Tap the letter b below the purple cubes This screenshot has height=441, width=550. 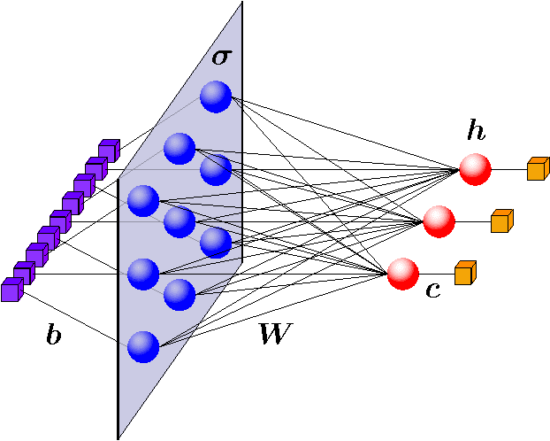[54, 336]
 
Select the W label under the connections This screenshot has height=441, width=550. [274, 334]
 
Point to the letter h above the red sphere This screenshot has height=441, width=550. [477, 132]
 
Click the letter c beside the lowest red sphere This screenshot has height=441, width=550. [433, 289]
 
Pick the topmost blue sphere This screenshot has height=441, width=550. [215, 97]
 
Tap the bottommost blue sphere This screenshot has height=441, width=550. [142, 345]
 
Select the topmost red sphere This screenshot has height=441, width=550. [475, 168]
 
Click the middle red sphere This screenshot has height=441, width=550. [439, 220]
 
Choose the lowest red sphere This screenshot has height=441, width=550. [402, 273]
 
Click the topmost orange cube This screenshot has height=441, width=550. [538, 168]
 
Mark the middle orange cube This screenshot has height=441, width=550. [501, 220]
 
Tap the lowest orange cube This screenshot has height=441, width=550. [465, 273]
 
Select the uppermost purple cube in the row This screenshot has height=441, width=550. [109, 150]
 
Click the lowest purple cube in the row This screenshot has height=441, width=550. [12, 289]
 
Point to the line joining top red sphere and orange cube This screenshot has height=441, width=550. [508, 168]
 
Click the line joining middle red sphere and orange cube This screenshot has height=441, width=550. [472, 220]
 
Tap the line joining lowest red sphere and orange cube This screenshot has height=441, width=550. [436, 273]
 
